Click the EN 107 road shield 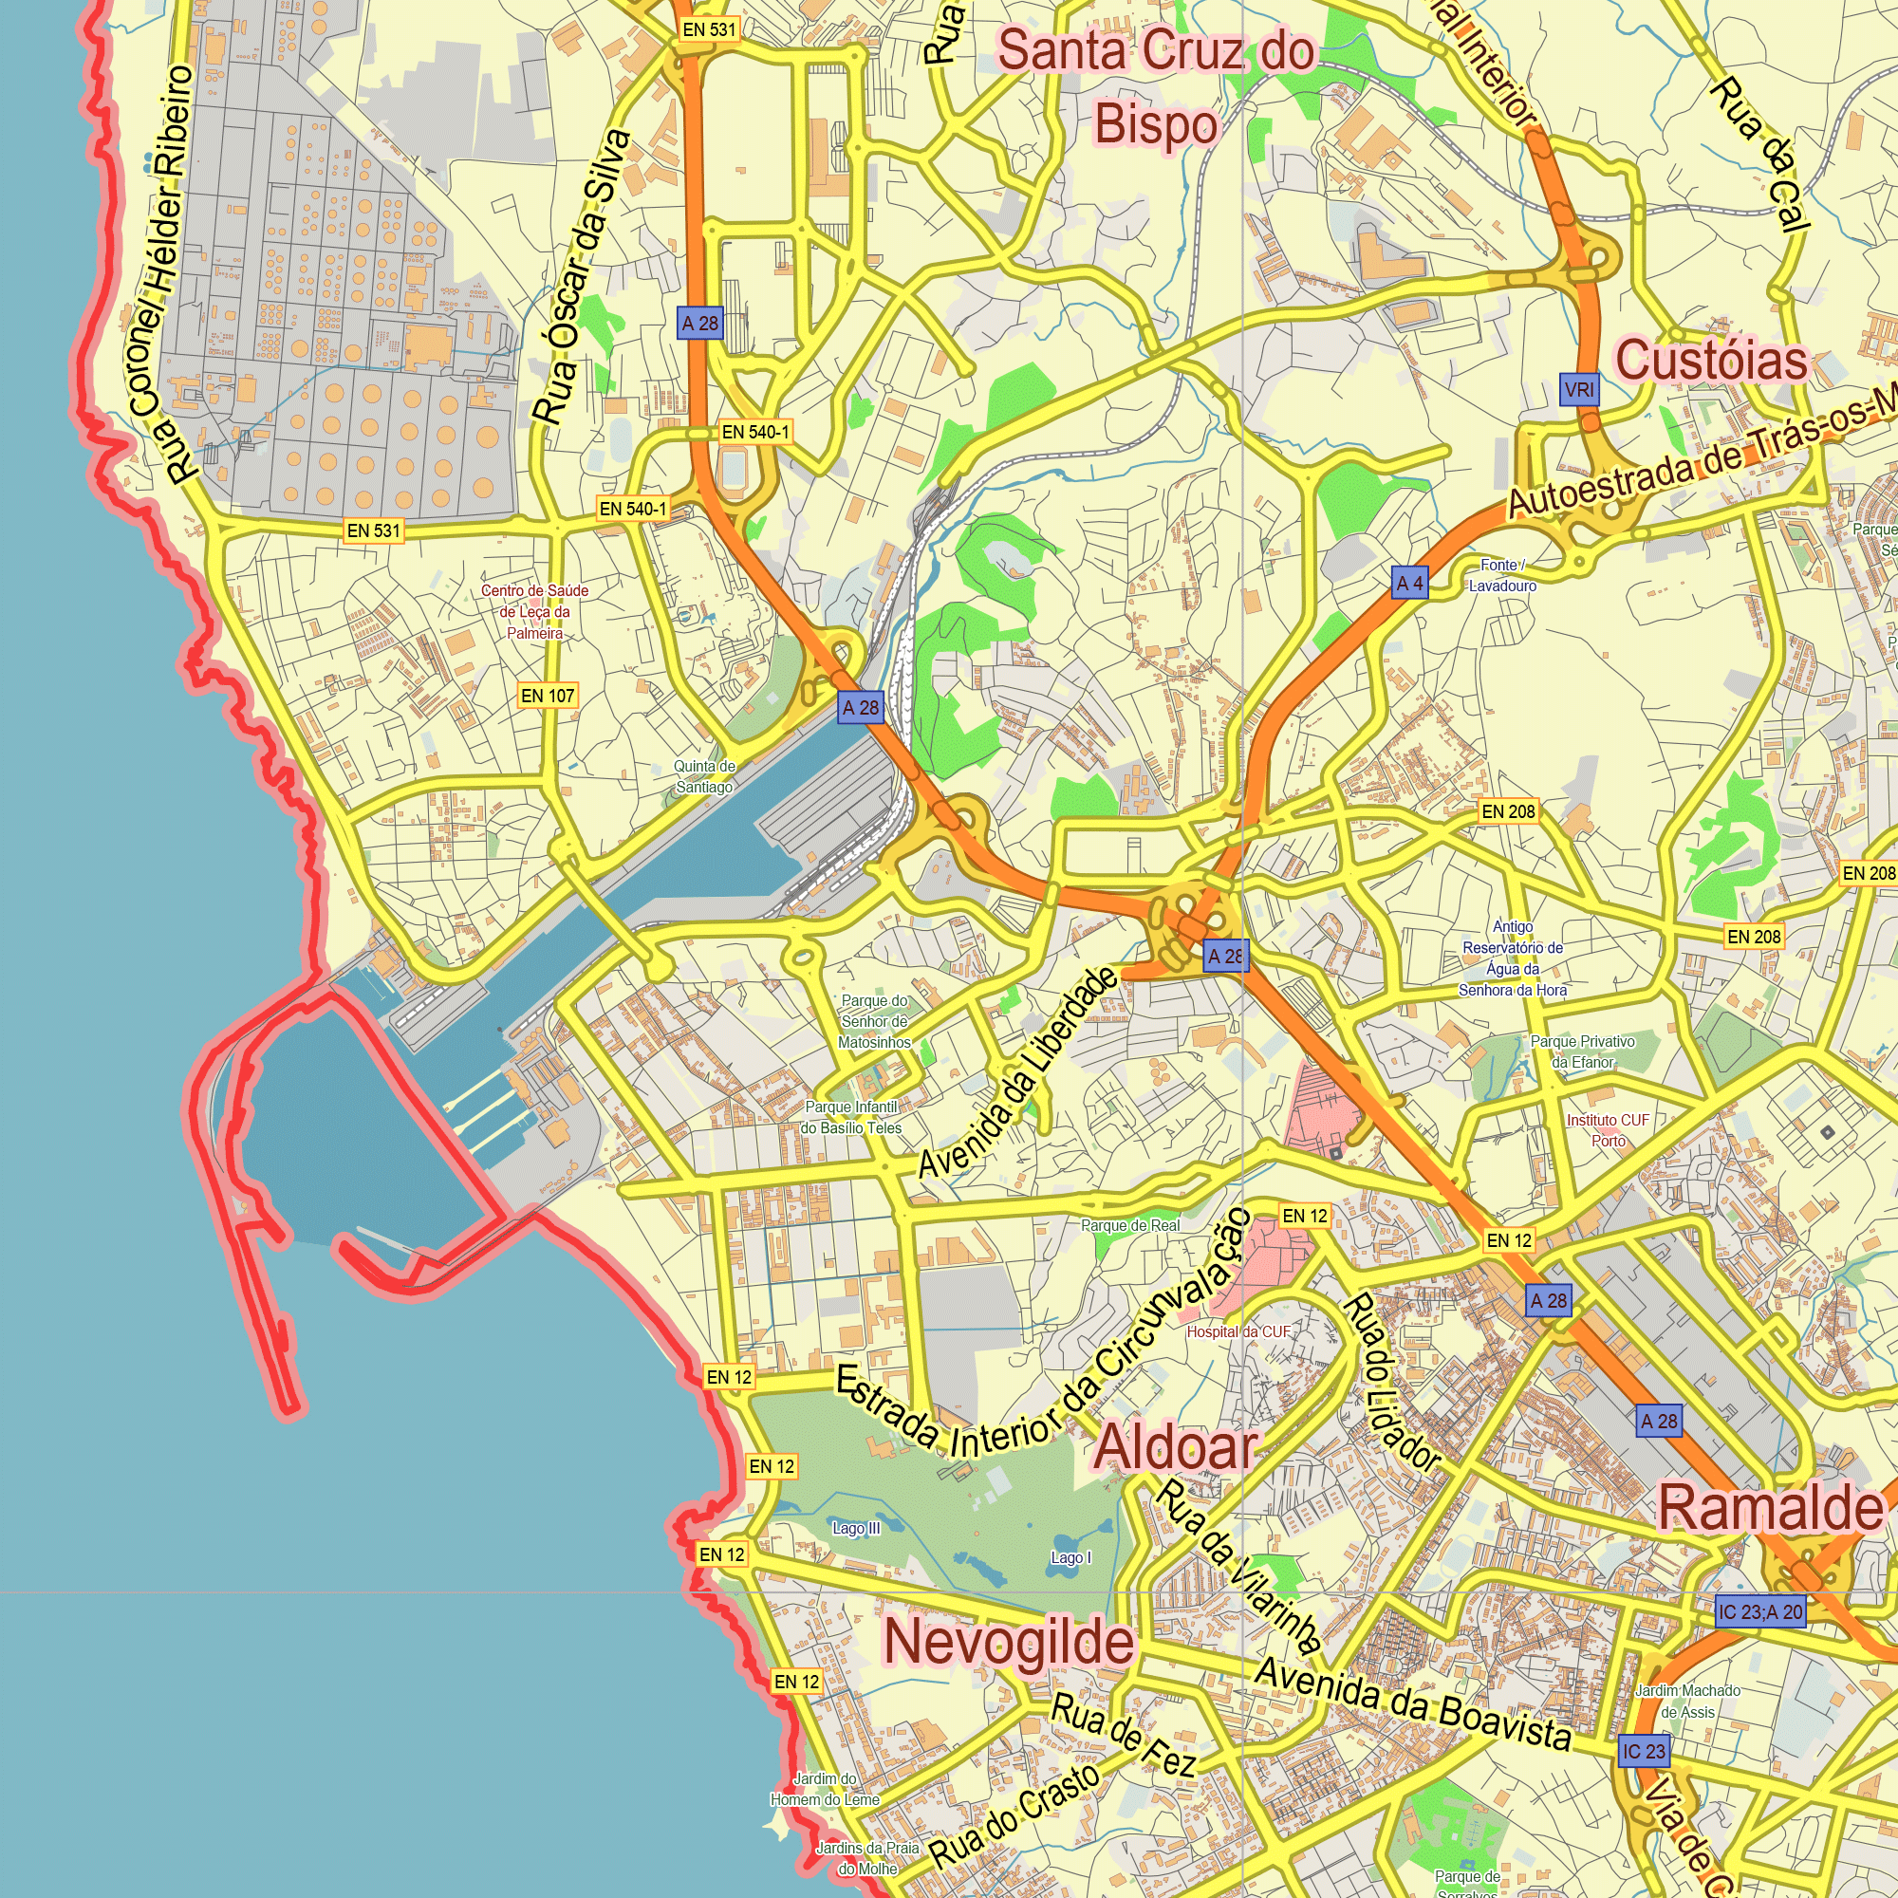coord(548,696)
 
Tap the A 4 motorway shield coord(1410,584)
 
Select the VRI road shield coord(1580,390)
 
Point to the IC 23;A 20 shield coord(1760,1612)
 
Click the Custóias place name coord(1710,360)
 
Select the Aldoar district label coord(1176,1447)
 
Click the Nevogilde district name coord(1009,1642)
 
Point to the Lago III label coord(856,1529)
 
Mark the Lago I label coord(1070,1558)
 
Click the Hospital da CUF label coord(1237,1332)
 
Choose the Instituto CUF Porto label coord(1609,1131)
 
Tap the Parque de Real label coord(1131,1226)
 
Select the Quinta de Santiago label coord(704,777)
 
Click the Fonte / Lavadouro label coord(1502,576)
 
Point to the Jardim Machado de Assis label coord(1687,1702)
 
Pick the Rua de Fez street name coord(1123,1736)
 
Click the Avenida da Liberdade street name coord(1017,1071)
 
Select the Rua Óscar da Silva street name coord(582,277)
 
